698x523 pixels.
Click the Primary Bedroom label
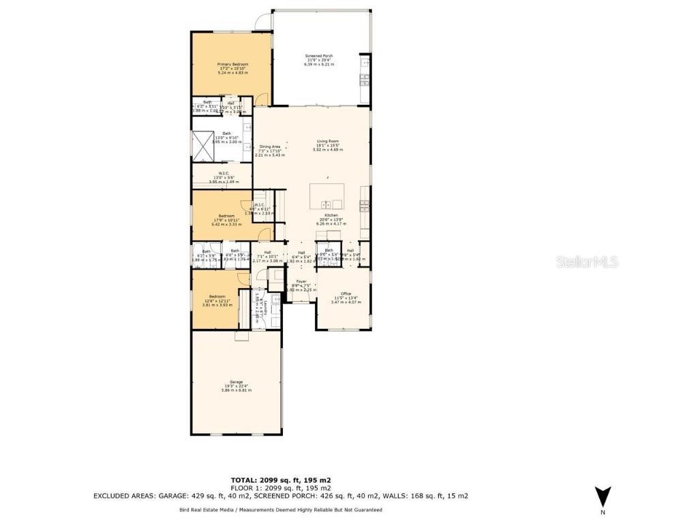(232, 65)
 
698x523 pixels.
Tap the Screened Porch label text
(319, 56)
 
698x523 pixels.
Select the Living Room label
(327, 142)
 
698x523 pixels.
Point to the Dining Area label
(270, 146)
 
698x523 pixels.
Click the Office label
(344, 294)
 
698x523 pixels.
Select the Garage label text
(237, 382)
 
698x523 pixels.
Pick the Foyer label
(300, 281)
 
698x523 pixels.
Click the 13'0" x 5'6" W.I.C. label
(223, 173)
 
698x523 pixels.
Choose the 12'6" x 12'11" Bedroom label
(217, 297)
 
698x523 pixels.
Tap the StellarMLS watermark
(587, 261)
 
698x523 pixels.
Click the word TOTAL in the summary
(247, 480)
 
